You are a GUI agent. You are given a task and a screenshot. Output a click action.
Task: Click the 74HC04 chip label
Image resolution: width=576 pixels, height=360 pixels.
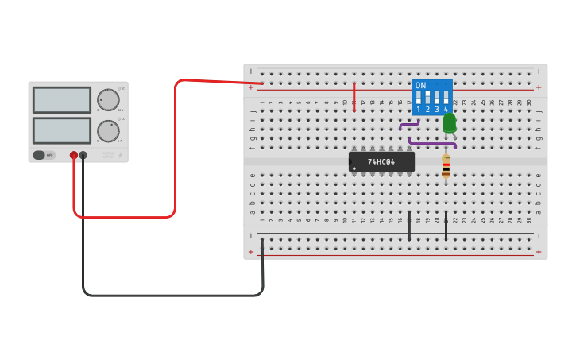pos(382,162)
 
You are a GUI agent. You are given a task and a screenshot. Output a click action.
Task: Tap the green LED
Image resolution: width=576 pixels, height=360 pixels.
pos(450,122)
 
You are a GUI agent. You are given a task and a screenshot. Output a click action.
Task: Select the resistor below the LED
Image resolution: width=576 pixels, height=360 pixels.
pos(446,167)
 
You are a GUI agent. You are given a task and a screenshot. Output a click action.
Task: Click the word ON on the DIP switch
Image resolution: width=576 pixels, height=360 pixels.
pos(420,85)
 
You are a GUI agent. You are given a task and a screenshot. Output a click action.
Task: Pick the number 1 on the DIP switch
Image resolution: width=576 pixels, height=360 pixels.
pos(418,110)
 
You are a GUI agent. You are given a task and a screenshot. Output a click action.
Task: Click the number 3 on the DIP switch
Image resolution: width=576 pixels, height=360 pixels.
pos(437,110)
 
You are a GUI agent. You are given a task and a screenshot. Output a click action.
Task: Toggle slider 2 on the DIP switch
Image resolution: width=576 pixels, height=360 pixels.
pos(427,98)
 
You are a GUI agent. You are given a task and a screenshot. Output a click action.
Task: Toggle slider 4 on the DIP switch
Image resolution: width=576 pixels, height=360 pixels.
pos(446,98)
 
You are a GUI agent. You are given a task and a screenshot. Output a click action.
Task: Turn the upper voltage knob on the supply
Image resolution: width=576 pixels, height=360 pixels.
pos(108,100)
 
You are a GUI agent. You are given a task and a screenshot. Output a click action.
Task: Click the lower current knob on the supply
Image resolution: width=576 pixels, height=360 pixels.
pos(108,131)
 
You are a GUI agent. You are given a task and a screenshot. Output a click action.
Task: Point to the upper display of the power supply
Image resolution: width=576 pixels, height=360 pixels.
pos(62,100)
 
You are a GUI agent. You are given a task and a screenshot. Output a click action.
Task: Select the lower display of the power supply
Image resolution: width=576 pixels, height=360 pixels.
pos(62,130)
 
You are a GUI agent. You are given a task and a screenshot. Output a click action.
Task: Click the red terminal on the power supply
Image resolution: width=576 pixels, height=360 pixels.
pos(74,156)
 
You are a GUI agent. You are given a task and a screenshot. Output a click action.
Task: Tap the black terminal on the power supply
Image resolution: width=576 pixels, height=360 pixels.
pos(83,156)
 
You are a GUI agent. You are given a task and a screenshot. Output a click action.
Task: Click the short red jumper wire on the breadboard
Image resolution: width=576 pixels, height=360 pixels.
pos(354,96)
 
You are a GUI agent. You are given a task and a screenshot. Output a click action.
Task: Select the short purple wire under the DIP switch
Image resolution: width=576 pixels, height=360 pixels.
pos(409,124)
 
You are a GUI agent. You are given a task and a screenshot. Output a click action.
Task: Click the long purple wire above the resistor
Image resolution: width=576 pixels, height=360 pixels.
pos(432,144)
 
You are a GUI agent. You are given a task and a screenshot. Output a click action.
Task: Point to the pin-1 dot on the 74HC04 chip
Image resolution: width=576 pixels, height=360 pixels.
pos(354,168)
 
